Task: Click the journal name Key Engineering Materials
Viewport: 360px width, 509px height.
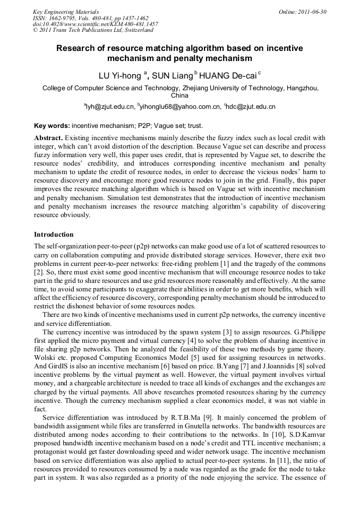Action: tap(66, 11)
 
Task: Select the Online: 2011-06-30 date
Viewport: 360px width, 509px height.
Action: tap(303, 11)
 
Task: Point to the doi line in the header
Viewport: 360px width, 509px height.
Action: tap(95, 24)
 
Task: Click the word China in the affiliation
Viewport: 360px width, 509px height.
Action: tap(179, 96)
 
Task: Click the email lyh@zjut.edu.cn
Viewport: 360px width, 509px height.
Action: tap(110, 107)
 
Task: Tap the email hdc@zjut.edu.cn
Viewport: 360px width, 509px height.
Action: tap(251, 107)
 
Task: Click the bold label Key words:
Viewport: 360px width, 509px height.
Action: tap(52, 126)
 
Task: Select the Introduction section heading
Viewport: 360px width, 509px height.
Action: tap(54, 234)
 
